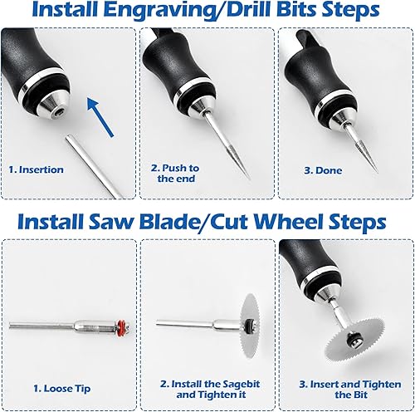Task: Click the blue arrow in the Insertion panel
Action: point(100,117)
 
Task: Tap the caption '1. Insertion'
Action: point(37,169)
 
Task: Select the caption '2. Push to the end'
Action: point(175,173)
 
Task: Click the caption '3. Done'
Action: point(323,170)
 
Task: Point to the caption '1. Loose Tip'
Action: point(62,389)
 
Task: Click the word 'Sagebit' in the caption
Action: point(242,385)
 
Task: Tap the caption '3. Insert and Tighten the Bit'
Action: point(350,390)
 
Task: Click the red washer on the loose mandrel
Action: point(121,326)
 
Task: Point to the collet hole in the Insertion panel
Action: point(59,112)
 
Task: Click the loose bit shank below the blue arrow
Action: point(94,166)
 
